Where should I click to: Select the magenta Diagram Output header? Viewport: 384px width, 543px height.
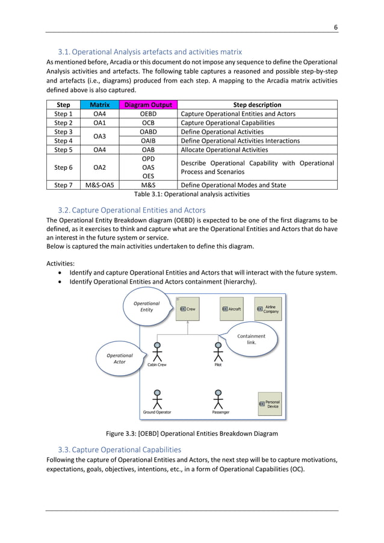click(148, 105)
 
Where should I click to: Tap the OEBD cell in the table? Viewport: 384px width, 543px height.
click(148, 114)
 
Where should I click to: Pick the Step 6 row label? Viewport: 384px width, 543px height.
click(63, 167)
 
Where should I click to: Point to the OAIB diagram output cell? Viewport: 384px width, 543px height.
click(148, 141)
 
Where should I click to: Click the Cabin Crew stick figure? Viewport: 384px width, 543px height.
click(157, 352)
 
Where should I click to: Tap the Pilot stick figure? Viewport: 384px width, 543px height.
click(218, 352)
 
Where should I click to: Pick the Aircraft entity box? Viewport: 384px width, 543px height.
click(232, 309)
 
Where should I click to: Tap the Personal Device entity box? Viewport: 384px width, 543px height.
click(269, 404)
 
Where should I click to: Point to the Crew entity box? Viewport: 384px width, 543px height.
click(188, 309)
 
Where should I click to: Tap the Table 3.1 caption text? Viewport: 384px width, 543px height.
click(191, 194)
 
